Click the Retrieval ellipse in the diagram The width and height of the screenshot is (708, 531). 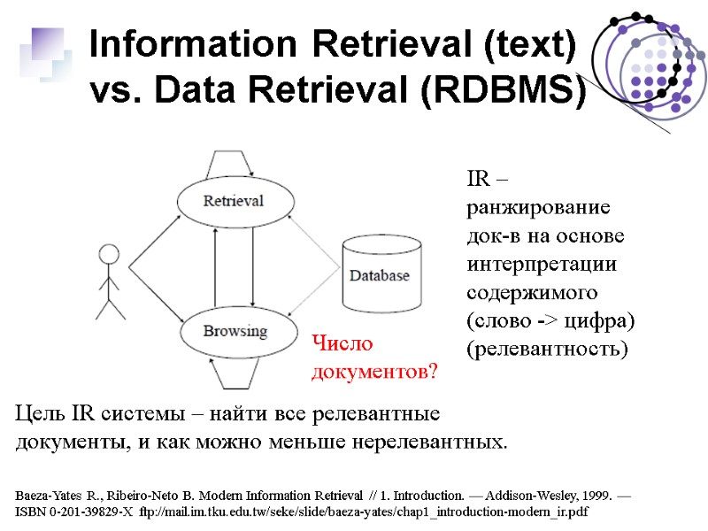[x=233, y=201]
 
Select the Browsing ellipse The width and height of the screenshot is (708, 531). [x=235, y=332]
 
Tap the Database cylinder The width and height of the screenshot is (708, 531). [x=380, y=274]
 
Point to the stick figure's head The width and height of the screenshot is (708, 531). [x=109, y=255]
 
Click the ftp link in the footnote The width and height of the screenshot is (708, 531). [x=364, y=512]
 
